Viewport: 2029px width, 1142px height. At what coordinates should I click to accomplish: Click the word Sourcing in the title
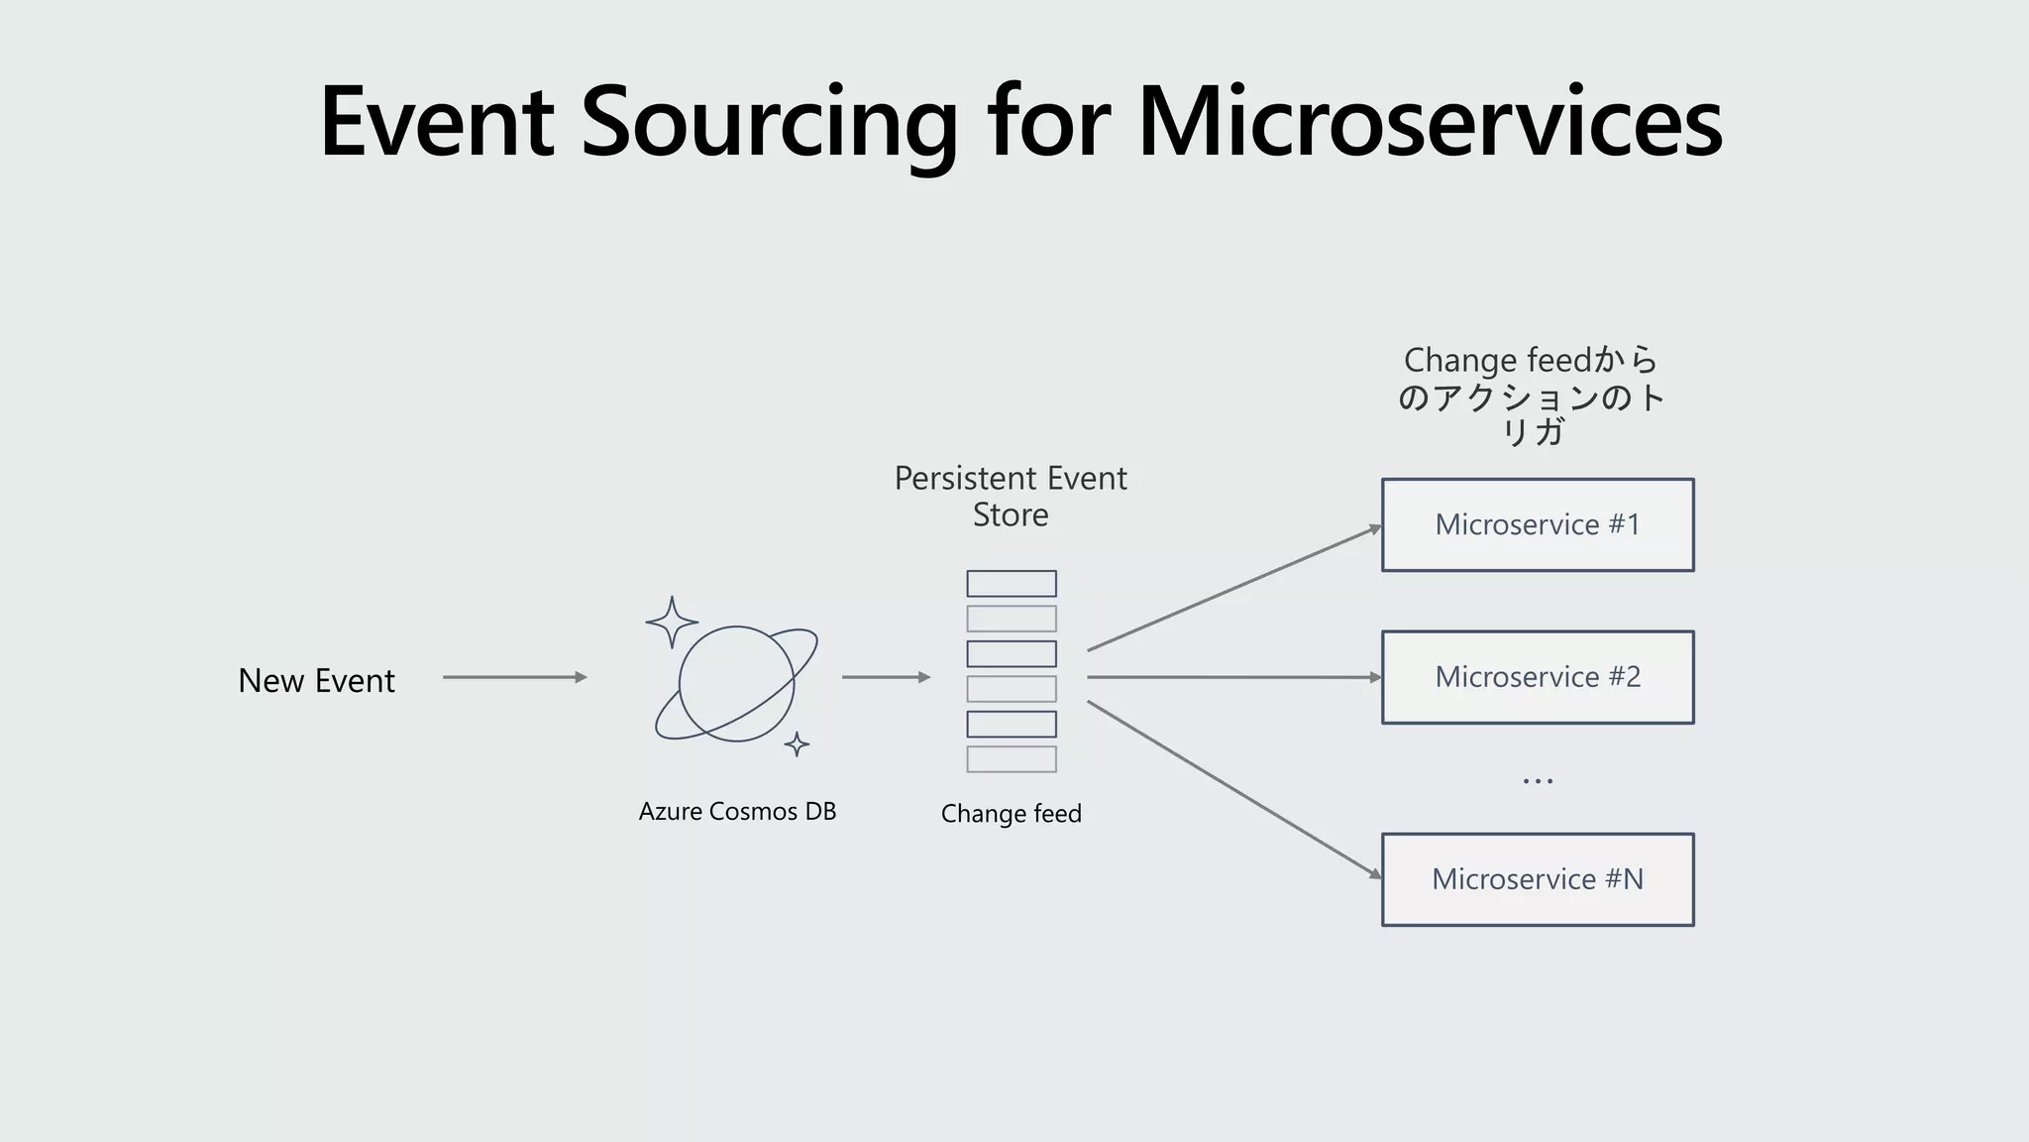coord(769,123)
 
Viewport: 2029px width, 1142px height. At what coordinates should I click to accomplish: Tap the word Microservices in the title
coord(1430,123)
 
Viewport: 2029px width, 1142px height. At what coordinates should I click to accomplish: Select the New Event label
coord(316,681)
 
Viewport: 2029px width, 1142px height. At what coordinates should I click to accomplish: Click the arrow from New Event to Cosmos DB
coord(514,677)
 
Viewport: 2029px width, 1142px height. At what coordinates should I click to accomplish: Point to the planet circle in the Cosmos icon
coord(735,684)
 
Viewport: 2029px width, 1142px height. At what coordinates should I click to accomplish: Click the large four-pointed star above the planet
coord(672,623)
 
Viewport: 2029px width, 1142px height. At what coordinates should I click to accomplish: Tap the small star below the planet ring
coord(797,743)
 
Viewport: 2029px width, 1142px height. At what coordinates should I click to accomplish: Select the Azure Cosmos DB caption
coord(737,812)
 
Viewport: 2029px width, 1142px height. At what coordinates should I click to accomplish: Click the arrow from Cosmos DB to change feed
coord(886,677)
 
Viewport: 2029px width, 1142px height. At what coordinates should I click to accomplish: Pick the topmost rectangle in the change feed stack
coord(1011,583)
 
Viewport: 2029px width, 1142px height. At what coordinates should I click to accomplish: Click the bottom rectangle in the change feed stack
coord(1011,759)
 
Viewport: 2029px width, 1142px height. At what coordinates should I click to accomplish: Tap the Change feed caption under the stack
coord(1011,814)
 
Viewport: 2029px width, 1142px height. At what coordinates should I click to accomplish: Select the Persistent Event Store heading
coord(1011,496)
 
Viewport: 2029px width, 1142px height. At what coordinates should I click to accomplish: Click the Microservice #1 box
coord(1538,525)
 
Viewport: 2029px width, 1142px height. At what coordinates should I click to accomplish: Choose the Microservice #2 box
coord(1538,677)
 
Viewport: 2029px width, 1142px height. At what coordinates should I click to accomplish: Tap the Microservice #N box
coord(1538,879)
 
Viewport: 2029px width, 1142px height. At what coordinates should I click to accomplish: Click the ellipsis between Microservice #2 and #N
coord(1538,781)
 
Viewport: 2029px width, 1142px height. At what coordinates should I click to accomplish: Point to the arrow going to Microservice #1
coord(1233,589)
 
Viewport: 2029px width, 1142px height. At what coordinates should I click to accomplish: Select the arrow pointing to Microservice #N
coord(1233,789)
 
